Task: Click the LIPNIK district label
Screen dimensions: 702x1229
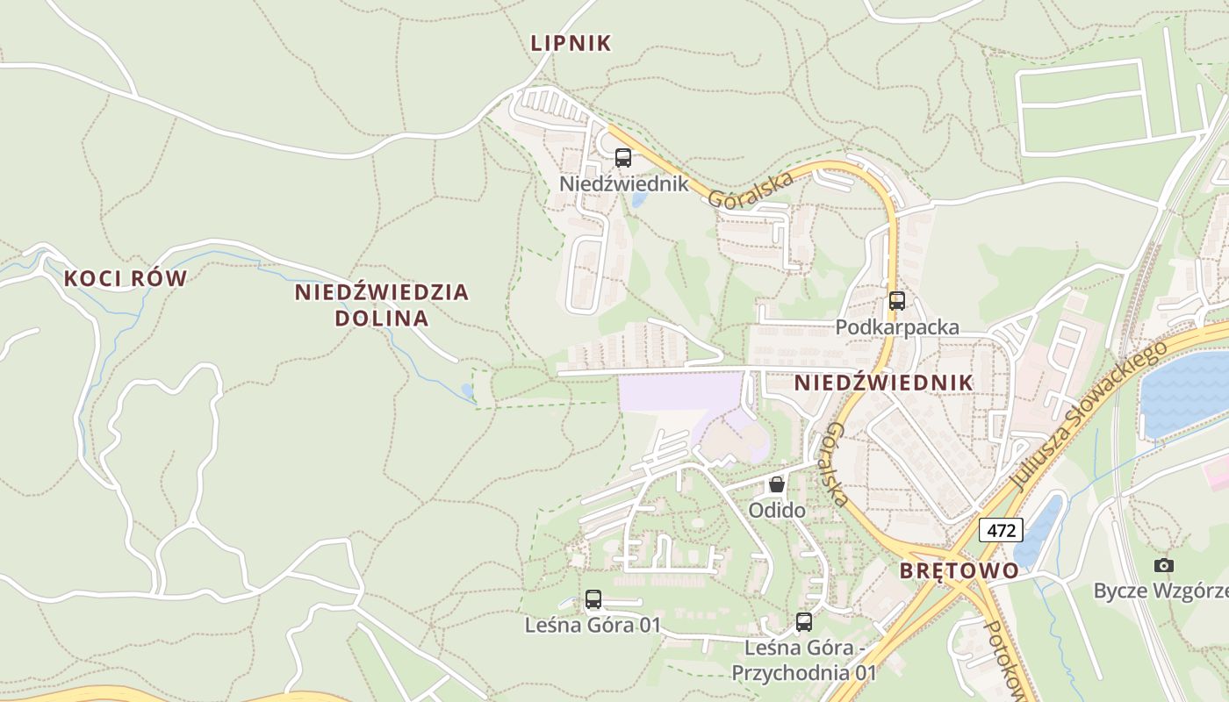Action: click(x=571, y=43)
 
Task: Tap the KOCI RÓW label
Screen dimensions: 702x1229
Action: click(x=126, y=278)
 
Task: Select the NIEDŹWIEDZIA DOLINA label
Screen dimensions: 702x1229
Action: click(x=382, y=304)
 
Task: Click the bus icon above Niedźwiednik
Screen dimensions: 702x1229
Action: click(x=623, y=158)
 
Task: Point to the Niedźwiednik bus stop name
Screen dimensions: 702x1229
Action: click(x=624, y=184)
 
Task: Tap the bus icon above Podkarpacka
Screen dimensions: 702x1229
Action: click(x=897, y=301)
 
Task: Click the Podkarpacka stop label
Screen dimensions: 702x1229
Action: click(x=897, y=327)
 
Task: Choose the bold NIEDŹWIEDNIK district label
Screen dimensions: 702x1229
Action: click(x=884, y=383)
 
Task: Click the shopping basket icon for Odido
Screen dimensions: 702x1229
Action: click(x=777, y=484)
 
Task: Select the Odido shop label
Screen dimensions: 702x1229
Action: click(x=777, y=509)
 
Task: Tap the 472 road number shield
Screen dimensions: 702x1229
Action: click(x=1001, y=530)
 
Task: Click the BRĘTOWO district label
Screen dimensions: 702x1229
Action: click(x=959, y=570)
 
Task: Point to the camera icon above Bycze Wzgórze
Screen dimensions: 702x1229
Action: click(x=1164, y=565)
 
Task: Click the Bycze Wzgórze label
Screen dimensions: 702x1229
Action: click(x=1159, y=591)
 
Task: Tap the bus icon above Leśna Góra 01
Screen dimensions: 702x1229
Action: click(x=593, y=600)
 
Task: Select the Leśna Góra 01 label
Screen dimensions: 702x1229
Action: click(x=593, y=626)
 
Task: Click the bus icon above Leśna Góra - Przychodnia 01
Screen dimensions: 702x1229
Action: click(x=804, y=622)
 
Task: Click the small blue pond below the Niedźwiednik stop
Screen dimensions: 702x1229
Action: click(x=638, y=199)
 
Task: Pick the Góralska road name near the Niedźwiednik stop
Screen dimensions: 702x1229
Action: click(x=751, y=189)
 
